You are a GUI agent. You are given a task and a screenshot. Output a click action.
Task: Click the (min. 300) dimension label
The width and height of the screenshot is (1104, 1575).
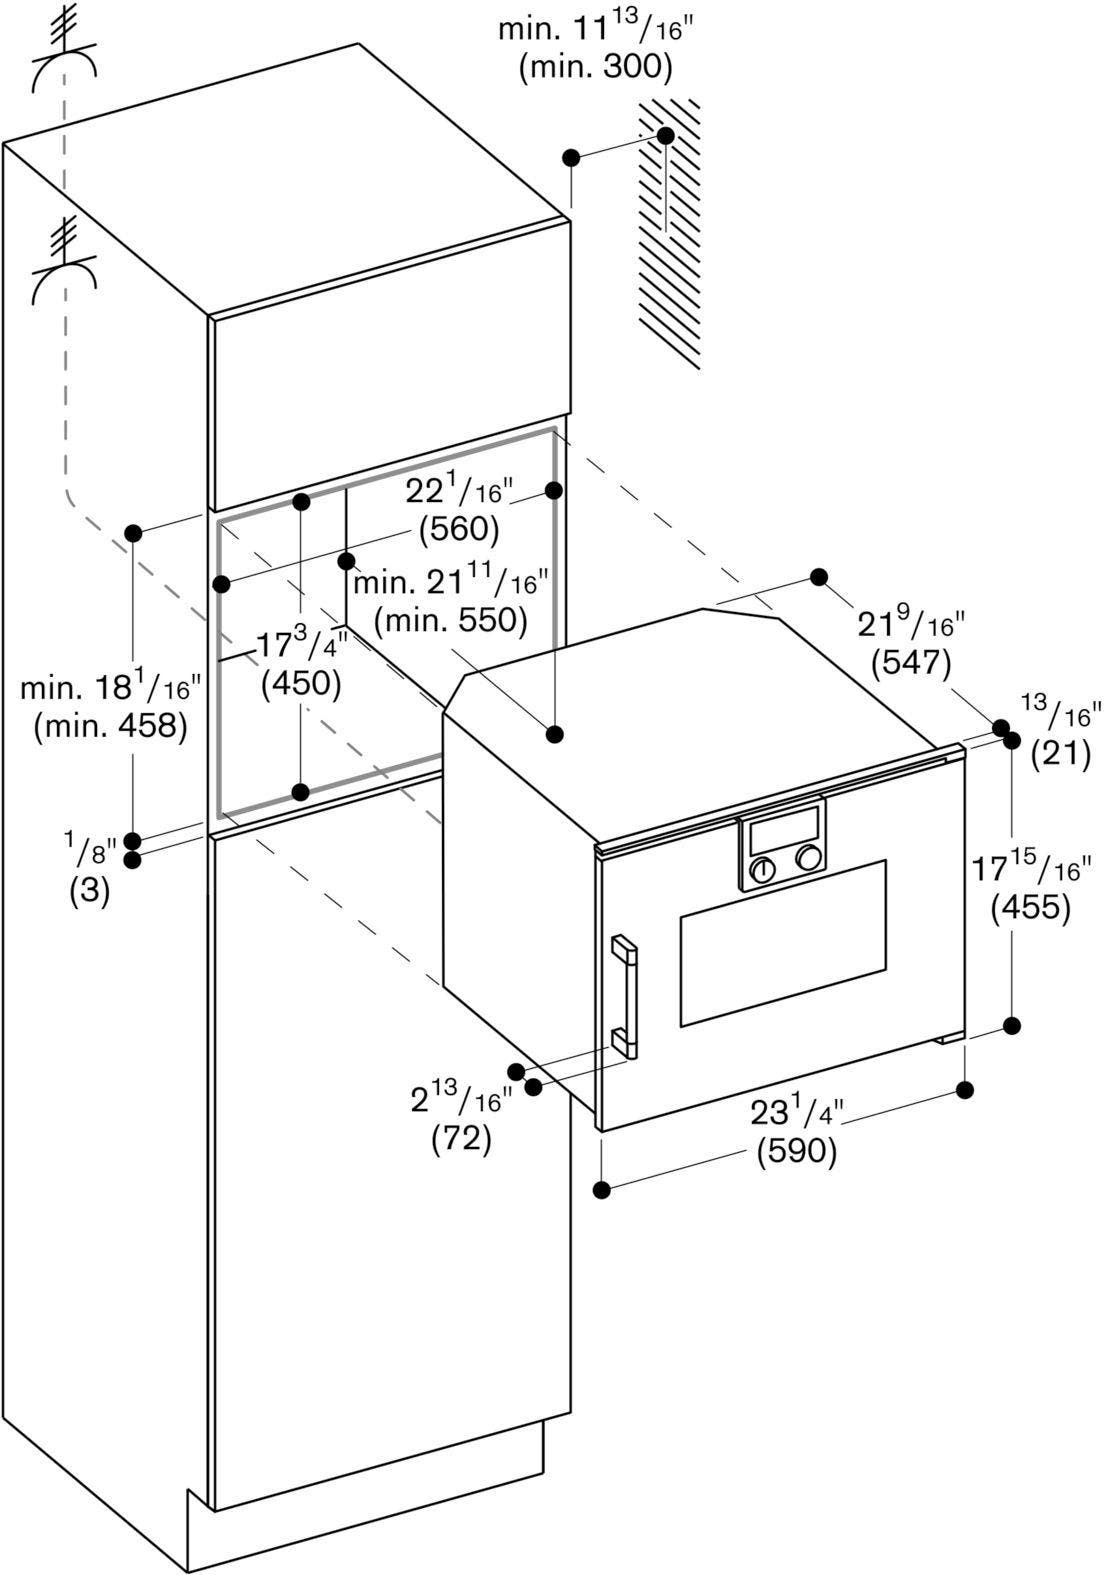596,68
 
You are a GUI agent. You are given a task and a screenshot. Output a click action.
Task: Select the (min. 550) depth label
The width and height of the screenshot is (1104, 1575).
451,620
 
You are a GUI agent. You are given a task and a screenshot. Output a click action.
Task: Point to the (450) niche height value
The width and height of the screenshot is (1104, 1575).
301,683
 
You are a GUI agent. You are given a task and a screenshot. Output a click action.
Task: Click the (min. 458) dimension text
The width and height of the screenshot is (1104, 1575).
110,726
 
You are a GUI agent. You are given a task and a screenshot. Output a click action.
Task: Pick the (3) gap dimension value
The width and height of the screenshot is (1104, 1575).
90,892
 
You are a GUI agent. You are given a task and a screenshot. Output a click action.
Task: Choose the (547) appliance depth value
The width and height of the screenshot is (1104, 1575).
911,663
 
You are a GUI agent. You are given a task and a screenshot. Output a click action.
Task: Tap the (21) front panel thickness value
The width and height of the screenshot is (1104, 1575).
1061,754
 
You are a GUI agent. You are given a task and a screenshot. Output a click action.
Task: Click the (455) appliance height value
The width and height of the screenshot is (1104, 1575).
1031,908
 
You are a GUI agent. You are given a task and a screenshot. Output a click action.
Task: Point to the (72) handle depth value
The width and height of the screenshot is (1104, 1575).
461,1138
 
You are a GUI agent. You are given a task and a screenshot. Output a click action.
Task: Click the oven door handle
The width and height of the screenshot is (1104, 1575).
624,996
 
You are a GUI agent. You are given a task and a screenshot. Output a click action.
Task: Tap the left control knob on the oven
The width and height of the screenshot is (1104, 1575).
763,872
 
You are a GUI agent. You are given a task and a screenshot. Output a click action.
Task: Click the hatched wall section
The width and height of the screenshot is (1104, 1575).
669,233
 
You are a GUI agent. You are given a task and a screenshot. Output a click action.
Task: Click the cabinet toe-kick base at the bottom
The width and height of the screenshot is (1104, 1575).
366,1512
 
